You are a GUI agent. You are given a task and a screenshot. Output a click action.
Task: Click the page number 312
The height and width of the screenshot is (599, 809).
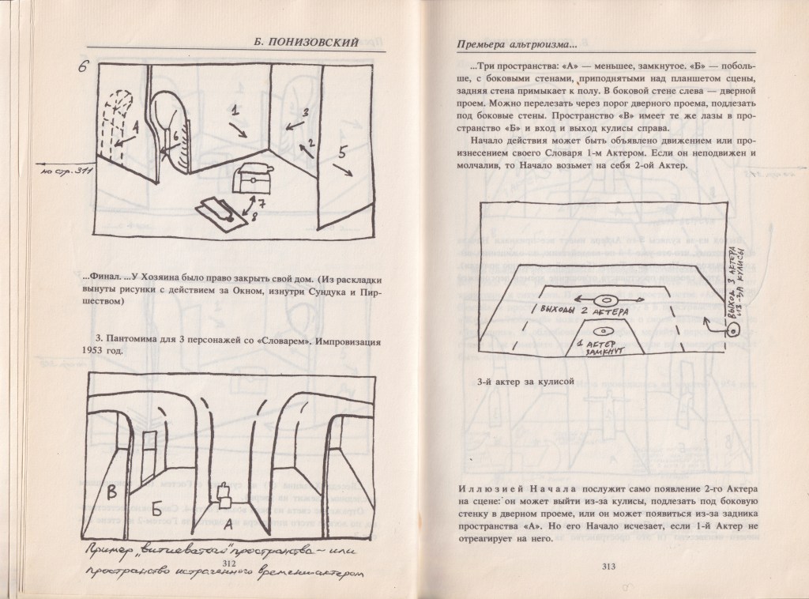(x=231, y=561)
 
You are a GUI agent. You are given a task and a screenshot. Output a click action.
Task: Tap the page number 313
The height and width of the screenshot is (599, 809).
(x=608, y=565)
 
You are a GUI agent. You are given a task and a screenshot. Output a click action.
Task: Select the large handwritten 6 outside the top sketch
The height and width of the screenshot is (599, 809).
(x=82, y=66)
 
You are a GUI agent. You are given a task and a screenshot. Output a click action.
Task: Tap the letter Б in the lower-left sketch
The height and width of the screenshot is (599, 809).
(x=156, y=506)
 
